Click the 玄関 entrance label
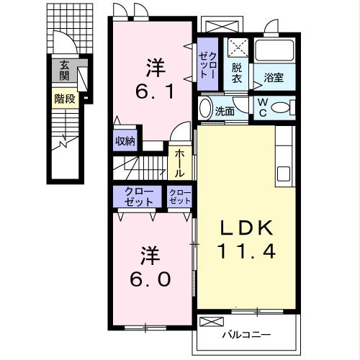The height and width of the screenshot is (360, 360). [64, 71]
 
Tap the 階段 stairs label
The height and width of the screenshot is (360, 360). [65, 99]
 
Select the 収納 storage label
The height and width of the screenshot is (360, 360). [125, 141]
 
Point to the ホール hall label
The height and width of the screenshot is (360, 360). [179, 163]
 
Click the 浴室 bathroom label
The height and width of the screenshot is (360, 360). [274, 78]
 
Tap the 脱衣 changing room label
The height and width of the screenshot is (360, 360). [237, 73]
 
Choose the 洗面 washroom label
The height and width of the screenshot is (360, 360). [225, 112]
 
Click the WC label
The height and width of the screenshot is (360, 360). [263, 108]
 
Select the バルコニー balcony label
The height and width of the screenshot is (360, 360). [246, 334]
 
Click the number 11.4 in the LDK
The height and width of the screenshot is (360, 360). [246, 251]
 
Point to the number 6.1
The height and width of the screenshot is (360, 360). [155, 91]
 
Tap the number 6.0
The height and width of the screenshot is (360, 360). [150, 279]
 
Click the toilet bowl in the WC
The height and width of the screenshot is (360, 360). [280, 107]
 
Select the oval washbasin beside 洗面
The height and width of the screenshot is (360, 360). [206, 109]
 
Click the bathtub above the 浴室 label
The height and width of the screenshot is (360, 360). [274, 50]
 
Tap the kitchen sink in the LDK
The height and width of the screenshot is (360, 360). [284, 174]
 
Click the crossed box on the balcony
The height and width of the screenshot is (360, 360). [212, 322]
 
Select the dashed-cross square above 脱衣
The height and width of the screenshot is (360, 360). [238, 48]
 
